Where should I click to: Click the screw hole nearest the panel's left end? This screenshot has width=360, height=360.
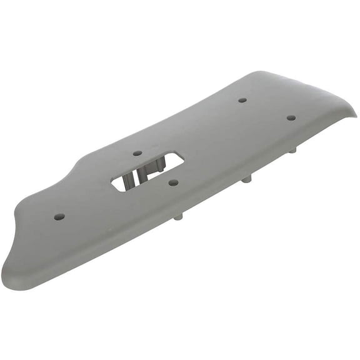(x=59, y=216)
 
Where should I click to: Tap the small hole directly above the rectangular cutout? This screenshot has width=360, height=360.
(x=137, y=152)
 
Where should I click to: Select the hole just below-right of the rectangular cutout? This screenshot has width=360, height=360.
(x=174, y=182)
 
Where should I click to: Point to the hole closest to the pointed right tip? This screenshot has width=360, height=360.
(x=291, y=117)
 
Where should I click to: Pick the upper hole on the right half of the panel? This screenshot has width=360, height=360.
(x=242, y=100)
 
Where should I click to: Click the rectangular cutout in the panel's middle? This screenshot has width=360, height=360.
(x=147, y=171)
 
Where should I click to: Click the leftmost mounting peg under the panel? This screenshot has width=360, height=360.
(x=179, y=216)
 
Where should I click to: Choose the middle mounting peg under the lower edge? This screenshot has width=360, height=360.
(x=247, y=178)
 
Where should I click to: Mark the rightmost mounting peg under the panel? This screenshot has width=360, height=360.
(x=292, y=150)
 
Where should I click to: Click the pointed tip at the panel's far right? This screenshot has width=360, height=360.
(x=355, y=114)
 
